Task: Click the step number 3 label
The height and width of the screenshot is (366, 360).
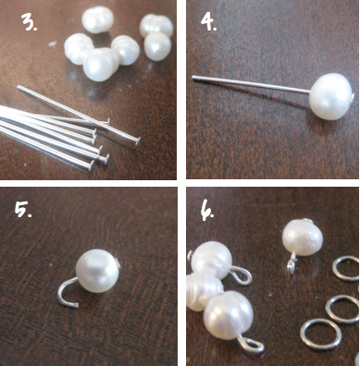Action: pyautogui.click(x=29, y=22)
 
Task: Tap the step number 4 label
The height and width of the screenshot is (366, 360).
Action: pyautogui.click(x=209, y=21)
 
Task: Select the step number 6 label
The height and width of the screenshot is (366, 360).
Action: pyautogui.click(x=208, y=212)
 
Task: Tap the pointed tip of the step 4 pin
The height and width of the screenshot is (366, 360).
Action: pyautogui.click(x=193, y=77)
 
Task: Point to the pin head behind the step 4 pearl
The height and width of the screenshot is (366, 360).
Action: pyautogui.click(x=353, y=97)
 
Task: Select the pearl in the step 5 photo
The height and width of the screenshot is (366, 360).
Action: pyautogui.click(x=97, y=271)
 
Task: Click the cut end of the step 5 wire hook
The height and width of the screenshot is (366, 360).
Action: pyautogui.click(x=76, y=305)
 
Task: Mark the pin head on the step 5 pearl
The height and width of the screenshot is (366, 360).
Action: pyautogui.click(x=118, y=262)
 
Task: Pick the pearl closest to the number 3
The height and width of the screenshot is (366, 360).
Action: pyautogui.click(x=97, y=20)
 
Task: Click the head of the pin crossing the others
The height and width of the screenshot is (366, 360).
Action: pyautogui.click(x=137, y=140)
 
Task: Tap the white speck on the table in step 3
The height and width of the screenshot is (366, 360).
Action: pyautogui.click(x=53, y=43)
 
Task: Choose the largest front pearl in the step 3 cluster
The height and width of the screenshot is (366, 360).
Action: pyautogui.click(x=101, y=65)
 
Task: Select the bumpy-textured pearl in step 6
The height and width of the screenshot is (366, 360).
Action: pyautogui.click(x=303, y=238)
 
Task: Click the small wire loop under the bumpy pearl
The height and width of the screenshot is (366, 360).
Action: pyautogui.click(x=292, y=265)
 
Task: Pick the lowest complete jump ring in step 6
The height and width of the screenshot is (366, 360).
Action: pyautogui.click(x=321, y=335)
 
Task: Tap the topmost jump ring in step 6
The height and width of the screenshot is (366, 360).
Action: pyautogui.click(x=346, y=268)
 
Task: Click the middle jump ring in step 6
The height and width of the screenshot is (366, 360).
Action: pyautogui.click(x=342, y=309)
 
